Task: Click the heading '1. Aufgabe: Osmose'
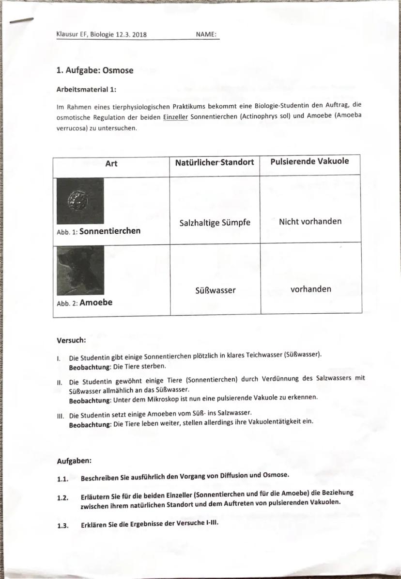click(94, 70)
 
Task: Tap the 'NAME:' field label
click(206, 34)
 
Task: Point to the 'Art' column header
click(111, 163)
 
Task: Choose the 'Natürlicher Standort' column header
click(215, 162)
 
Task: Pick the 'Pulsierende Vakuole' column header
click(310, 161)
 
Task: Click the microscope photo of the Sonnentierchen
click(79, 200)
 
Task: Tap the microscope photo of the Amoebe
click(79, 270)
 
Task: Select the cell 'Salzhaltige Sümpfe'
click(215, 223)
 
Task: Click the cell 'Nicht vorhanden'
click(310, 221)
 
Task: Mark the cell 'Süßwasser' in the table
click(215, 290)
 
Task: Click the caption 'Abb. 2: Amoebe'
click(84, 303)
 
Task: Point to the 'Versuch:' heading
click(71, 340)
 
